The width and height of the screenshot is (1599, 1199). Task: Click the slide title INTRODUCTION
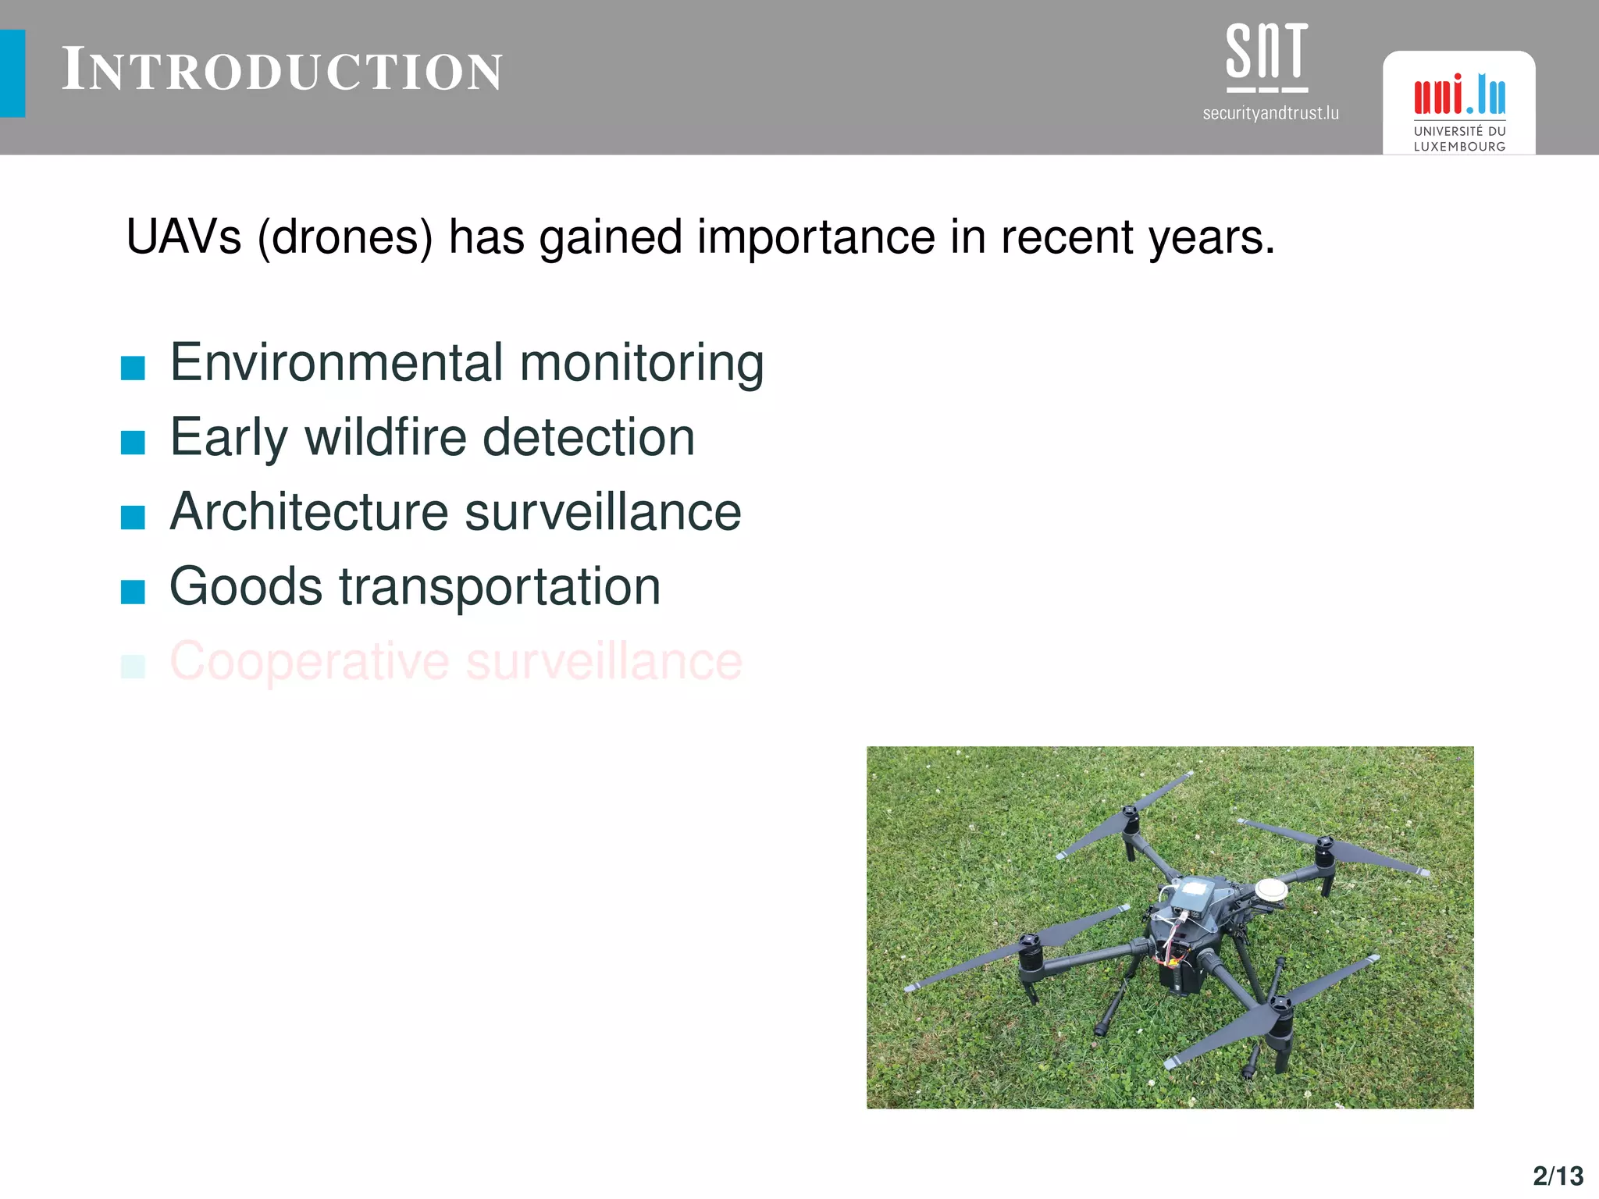pos(282,70)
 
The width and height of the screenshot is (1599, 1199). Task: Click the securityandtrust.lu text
pos(1270,113)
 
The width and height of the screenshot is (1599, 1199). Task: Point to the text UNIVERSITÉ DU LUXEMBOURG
pos(1458,139)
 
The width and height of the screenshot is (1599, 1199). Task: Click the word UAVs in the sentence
pos(183,237)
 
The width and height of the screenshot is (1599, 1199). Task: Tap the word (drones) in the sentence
pos(344,238)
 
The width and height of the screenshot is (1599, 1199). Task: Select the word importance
pos(815,238)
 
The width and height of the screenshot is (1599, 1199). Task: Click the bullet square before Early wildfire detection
pos(133,442)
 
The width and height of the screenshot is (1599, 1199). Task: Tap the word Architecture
pos(309,512)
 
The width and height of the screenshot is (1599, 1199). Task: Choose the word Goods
pos(246,586)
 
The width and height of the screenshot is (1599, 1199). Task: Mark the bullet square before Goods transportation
pos(133,592)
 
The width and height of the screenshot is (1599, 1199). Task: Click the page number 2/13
pos(1558,1176)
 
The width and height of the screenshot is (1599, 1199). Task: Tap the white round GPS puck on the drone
pos(1270,888)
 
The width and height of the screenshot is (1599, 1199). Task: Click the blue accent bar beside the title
pos(12,73)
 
